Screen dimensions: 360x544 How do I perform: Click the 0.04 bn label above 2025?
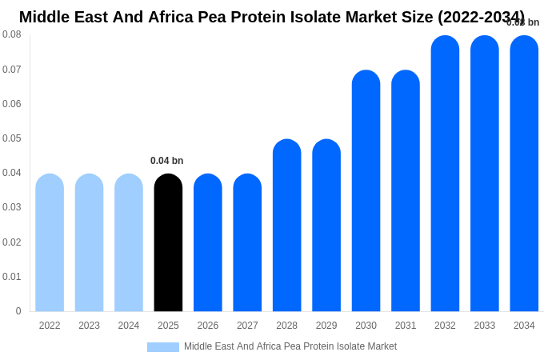tap(166, 161)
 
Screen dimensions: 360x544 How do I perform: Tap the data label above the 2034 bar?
tap(523, 22)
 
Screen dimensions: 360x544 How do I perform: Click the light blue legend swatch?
tap(163, 347)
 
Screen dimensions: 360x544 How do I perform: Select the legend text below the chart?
tap(290, 346)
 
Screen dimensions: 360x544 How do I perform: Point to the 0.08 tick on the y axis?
tap(12, 34)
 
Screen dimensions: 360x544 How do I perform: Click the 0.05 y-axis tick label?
tap(12, 138)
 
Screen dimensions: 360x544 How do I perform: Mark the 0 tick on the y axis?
tap(18, 311)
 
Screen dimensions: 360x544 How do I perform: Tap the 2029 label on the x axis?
tap(326, 326)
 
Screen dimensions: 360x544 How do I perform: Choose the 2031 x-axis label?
tap(406, 326)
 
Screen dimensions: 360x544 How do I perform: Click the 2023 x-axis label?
tap(89, 326)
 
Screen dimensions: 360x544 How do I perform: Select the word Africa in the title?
tap(174, 17)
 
